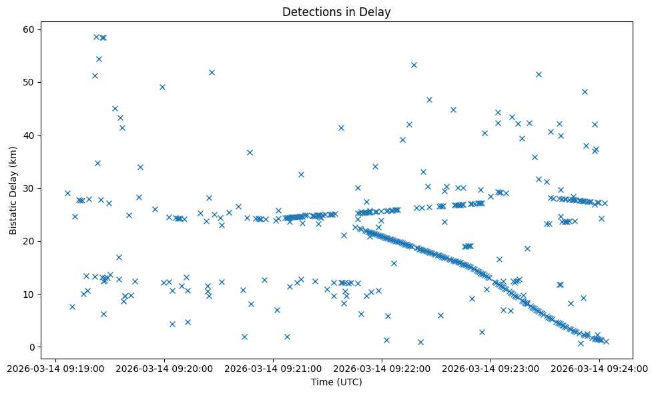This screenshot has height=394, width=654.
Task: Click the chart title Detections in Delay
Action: (336, 12)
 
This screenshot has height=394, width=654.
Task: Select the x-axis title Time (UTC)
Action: (336, 382)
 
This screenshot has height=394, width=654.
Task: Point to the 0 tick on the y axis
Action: (31, 347)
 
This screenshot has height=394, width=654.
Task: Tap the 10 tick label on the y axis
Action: (29, 294)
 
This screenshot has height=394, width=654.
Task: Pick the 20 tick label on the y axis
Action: (29, 241)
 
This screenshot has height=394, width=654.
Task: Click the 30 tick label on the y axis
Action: (29, 188)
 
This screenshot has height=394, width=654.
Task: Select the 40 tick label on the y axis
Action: (29, 135)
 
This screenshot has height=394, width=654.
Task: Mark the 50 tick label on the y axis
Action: (29, 82)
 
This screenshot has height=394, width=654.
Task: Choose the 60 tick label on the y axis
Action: (29, 29)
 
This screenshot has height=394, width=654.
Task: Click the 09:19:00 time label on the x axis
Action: (55, 368)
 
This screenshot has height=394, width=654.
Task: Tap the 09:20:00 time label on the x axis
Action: (164, 368)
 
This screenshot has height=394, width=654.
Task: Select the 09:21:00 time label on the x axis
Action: (273, 368)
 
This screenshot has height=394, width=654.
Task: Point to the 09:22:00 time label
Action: (382, 368)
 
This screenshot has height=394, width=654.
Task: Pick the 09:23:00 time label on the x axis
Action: (490, 368)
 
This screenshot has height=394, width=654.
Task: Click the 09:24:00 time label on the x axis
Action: (599, 368)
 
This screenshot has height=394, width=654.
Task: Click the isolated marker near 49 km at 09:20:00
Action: (162, 87)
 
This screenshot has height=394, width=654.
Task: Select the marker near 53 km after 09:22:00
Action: (414, 65)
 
